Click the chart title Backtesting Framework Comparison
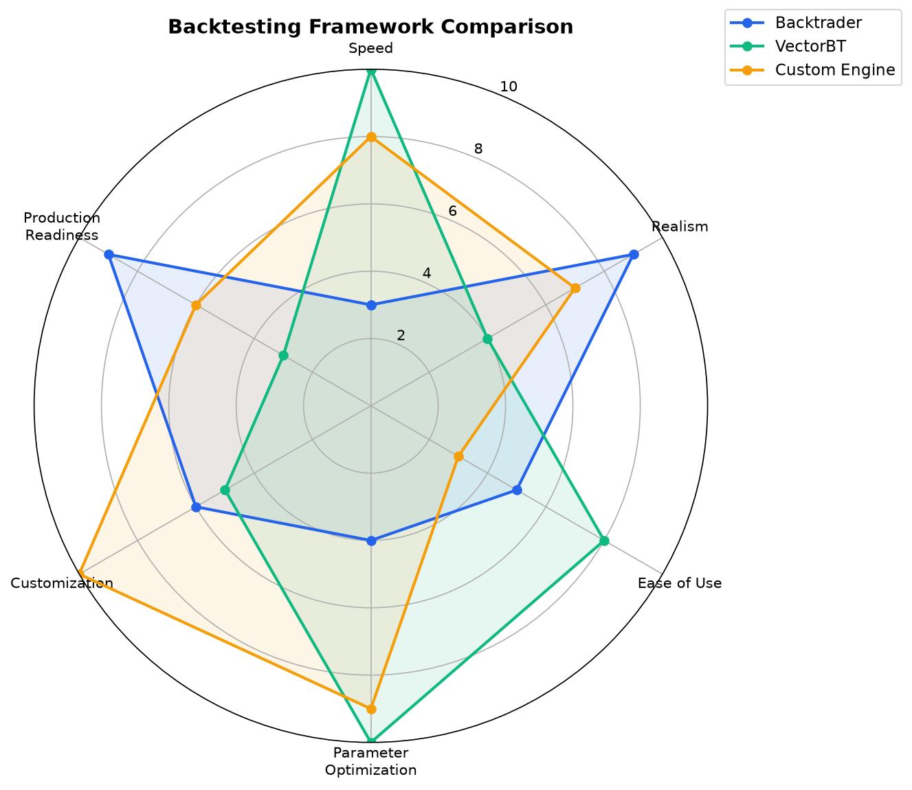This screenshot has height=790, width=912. pyautogui.click(x=370, y=27)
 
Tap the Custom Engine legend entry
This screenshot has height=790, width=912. pyautogui.click(x=812, y=69)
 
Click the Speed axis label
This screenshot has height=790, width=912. pyautogui.click(x=370, y=48)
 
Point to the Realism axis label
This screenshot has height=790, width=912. pyautogui.click(x=680, y=226)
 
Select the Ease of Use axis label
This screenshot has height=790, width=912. pyautogui.click(x=680, y=583)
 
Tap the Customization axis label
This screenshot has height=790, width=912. pyautogui.click(x=62, y=583)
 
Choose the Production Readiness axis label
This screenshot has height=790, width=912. pyautogui.click(x=62, y=226)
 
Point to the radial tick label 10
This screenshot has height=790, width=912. pyautogui.click(x=509, y=87)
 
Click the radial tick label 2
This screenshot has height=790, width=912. pyautogui.click(x=401, y=336)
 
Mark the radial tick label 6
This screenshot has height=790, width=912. pyautogui.click(x=453, y=212)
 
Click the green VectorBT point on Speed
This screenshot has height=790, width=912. pyautogui.click(x=372, y=71)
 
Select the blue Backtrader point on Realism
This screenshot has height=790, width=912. pyautogui.click(x=634, y=254)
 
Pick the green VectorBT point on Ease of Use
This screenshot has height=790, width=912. pyautogui.click(x=605, y=541)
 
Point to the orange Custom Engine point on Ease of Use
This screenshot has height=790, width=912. pyautogui.click(x=458, y=457)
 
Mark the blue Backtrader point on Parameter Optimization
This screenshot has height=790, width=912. pyautogui.click(x=372, y=541)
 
